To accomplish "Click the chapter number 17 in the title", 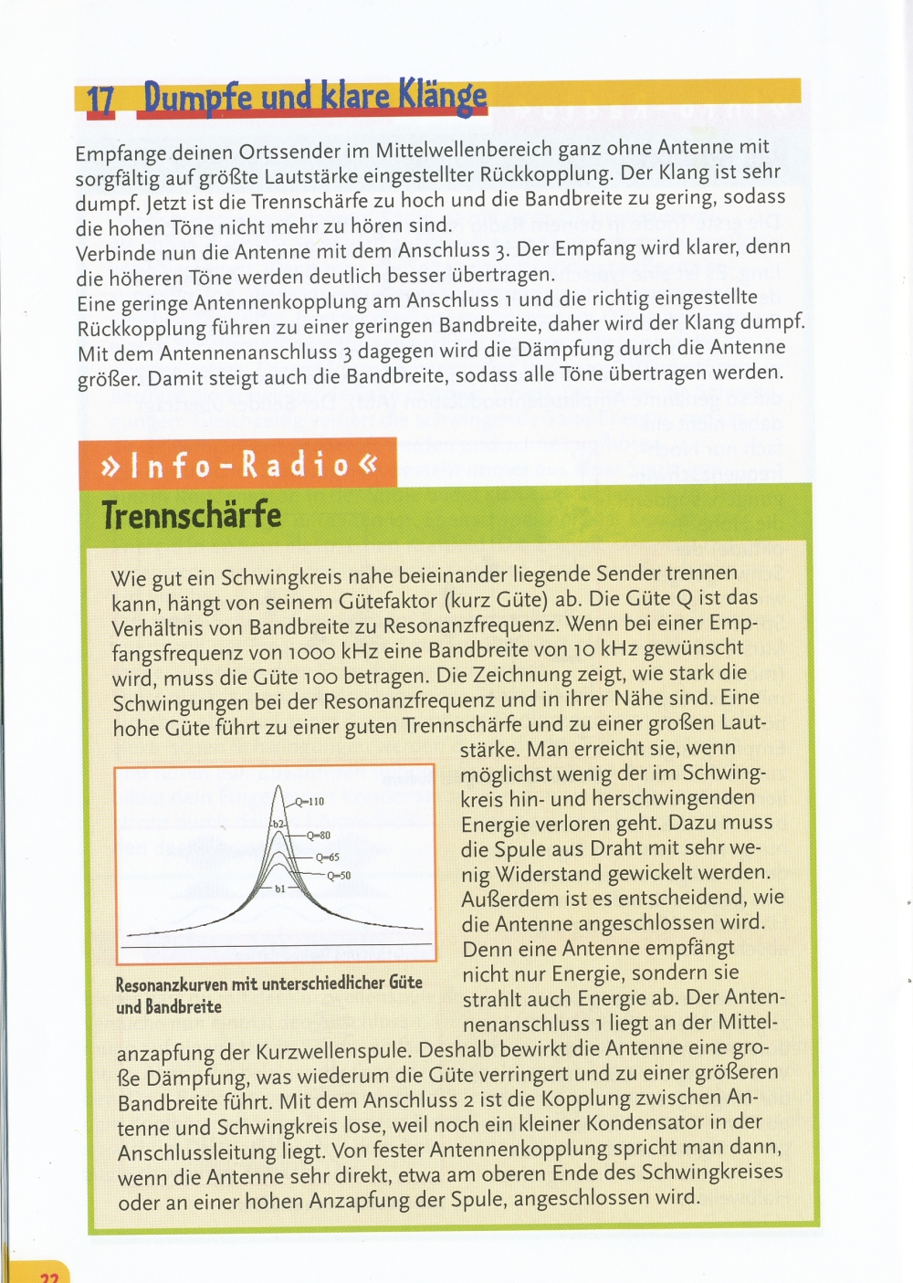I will click(100, 100).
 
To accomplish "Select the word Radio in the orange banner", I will click(294, 465).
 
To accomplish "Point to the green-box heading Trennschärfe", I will click(192, 515).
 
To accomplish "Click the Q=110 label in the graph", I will click(309, 802).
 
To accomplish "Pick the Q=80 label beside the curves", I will click(318, 835).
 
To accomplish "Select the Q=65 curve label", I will click(327, 857).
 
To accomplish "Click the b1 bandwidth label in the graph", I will click(279, 888).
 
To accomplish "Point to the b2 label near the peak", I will click(278, 824).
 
